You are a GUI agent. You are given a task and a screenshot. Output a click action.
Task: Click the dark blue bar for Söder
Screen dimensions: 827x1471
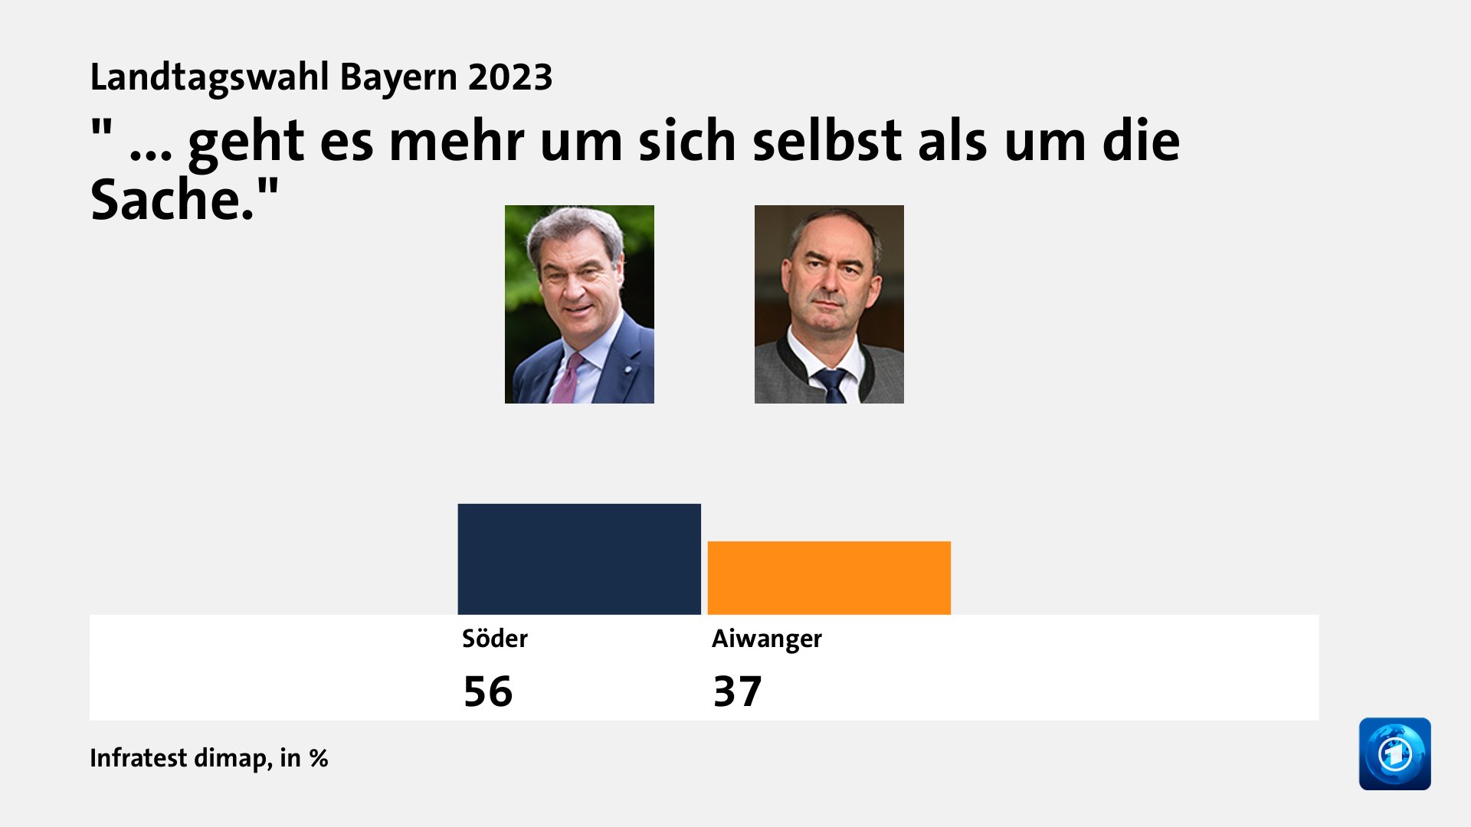pos(578,559)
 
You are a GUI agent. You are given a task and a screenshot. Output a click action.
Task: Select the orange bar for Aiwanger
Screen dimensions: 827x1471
pos(829,578)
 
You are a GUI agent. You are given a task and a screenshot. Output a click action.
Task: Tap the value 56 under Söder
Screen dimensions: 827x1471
pos(488,691)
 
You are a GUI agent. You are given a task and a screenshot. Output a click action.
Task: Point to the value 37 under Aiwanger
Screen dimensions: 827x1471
pos(737,691)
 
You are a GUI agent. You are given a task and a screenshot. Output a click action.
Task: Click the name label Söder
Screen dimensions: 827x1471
pos(495,639)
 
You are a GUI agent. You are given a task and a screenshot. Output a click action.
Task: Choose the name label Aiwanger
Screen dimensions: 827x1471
pos(766,639)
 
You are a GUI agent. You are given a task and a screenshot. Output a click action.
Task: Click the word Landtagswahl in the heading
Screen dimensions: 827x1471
pos(209,77)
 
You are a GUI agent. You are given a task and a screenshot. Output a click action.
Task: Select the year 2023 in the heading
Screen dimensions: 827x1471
pos(510,77)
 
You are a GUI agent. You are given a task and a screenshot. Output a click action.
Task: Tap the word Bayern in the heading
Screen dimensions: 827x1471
pos(398,77)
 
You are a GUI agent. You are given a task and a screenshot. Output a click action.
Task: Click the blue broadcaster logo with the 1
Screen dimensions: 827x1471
pos(1394,753)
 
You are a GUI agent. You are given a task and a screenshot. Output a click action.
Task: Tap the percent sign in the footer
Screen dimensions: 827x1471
pos(319,758)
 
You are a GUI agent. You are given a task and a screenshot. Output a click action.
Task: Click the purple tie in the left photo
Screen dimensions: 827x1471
pos(567,379)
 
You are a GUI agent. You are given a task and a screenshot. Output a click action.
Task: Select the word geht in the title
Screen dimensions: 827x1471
pos(246,142)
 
